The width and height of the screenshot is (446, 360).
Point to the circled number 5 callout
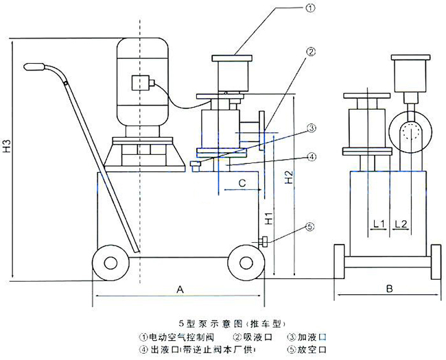pos(310,226)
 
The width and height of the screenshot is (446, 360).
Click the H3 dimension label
pos(6,147)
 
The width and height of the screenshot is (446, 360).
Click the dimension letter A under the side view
pos(180,289)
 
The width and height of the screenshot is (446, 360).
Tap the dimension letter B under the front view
pos(388,289)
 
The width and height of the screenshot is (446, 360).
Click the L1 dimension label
pos(378,224)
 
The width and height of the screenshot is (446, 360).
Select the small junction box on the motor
pos(143,82)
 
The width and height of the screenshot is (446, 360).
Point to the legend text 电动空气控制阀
pos(180,337)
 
